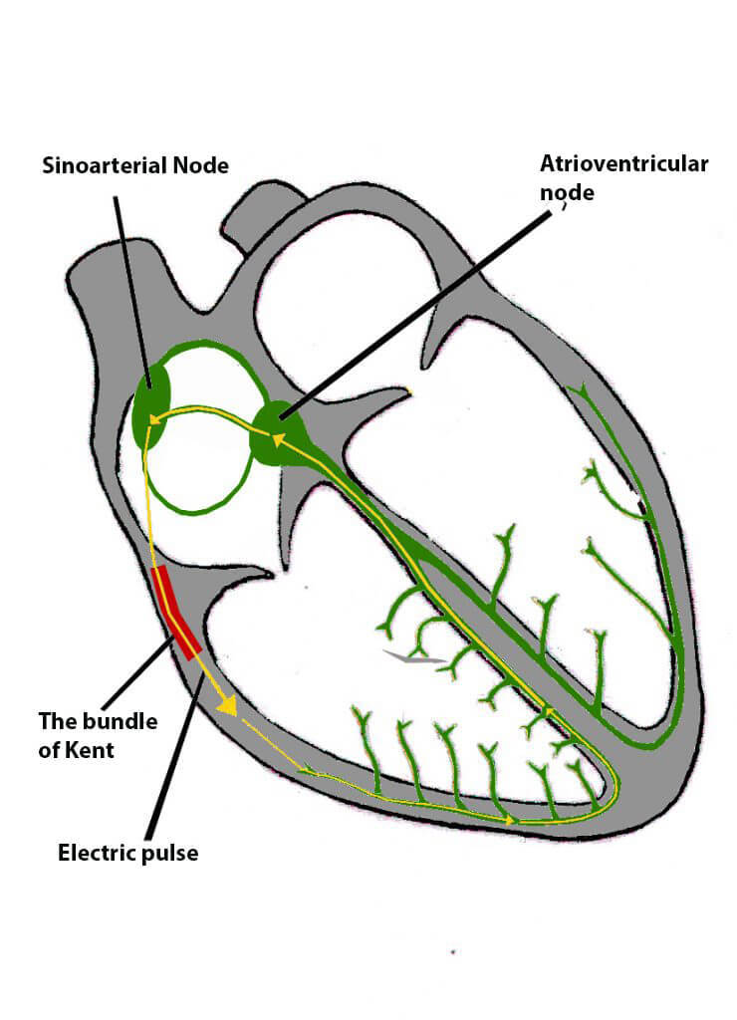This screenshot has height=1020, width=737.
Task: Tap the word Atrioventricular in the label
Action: [x=623, y=163]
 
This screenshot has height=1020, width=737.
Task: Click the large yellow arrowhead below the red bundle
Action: [x=229, y=705]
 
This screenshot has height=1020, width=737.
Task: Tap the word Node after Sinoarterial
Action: [x=201, y=165]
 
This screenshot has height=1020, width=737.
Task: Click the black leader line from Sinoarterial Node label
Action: [x=133, y=289]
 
